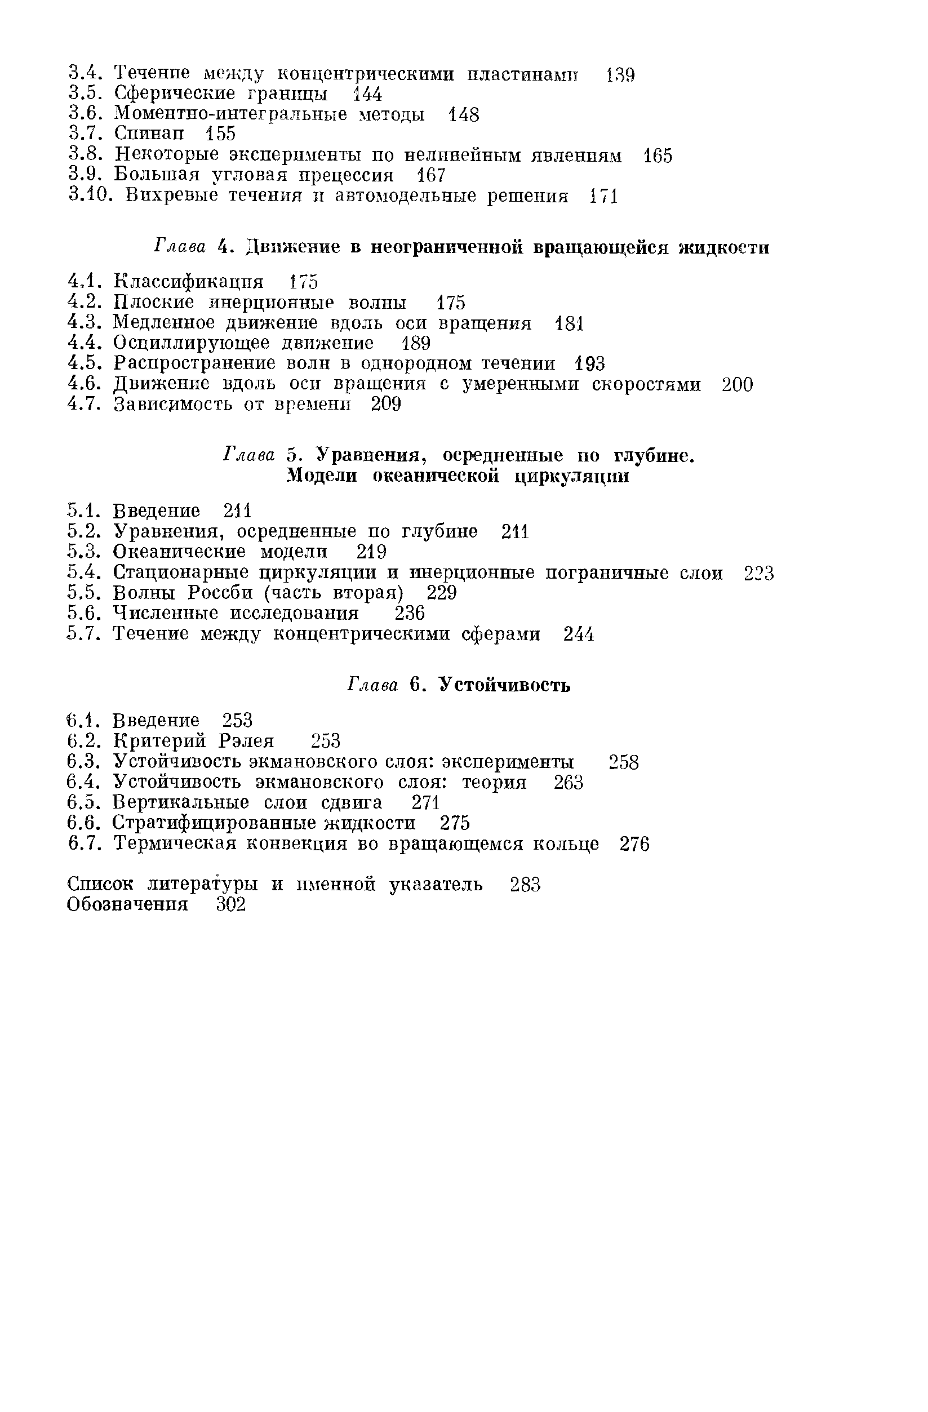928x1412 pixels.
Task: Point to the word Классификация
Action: (x=189, y=282)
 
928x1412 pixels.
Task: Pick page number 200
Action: (x=738, y=384)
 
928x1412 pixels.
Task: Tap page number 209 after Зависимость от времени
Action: (x=387, y=405)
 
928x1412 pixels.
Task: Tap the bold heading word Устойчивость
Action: (x=505, y=685)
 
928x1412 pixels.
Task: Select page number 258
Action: (x=624, y=762)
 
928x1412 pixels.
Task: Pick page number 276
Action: (x=635, y=843)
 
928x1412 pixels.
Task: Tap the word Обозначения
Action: (x=127, y=904)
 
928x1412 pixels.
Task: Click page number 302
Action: (x=231, y=904)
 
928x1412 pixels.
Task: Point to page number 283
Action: (x=525, y=884)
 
